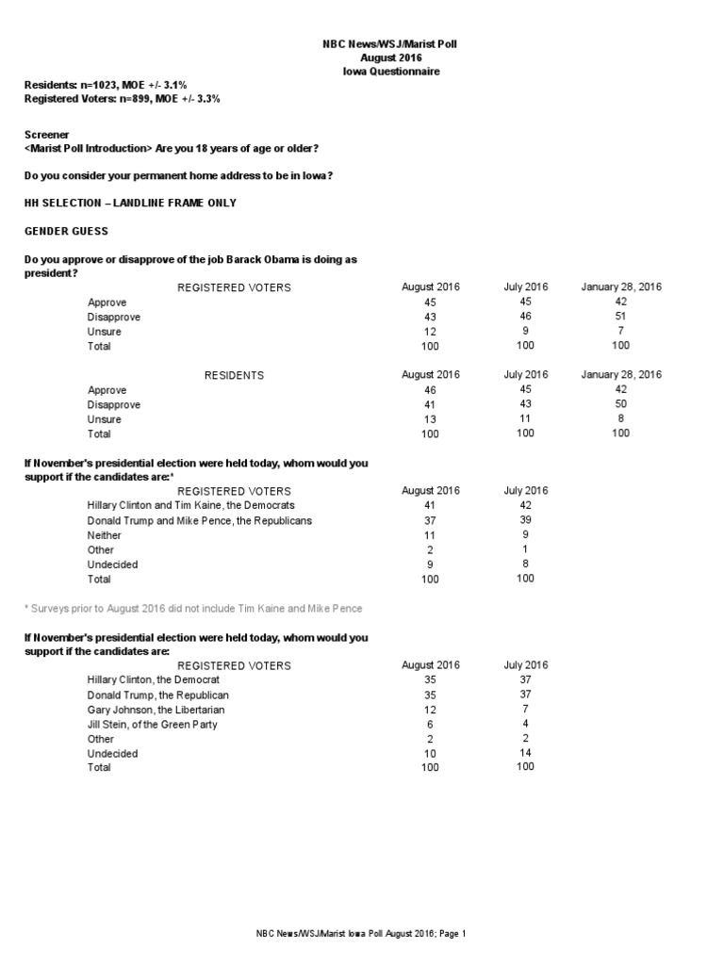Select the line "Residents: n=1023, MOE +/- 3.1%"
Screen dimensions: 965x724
point(109,85)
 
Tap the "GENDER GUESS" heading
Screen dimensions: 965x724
point(66,231)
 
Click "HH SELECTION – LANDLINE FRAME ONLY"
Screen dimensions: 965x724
point(130,203)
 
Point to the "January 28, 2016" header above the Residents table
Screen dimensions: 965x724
point(620,375)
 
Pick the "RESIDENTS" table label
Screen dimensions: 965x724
point(234,375)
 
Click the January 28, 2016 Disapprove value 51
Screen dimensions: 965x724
point(620,317)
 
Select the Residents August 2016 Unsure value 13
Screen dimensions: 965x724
point(431,419)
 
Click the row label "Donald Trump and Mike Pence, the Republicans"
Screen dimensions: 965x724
point(199,520)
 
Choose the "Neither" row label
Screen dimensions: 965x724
point(104,535)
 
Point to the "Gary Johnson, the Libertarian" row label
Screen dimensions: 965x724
point(156,709)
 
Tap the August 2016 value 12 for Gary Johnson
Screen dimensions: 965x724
point(431,709)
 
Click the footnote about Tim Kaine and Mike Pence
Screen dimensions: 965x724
point(193,609)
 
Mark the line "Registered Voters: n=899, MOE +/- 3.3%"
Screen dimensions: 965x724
point(122,99)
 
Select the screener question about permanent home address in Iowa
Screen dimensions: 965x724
point(178,176)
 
